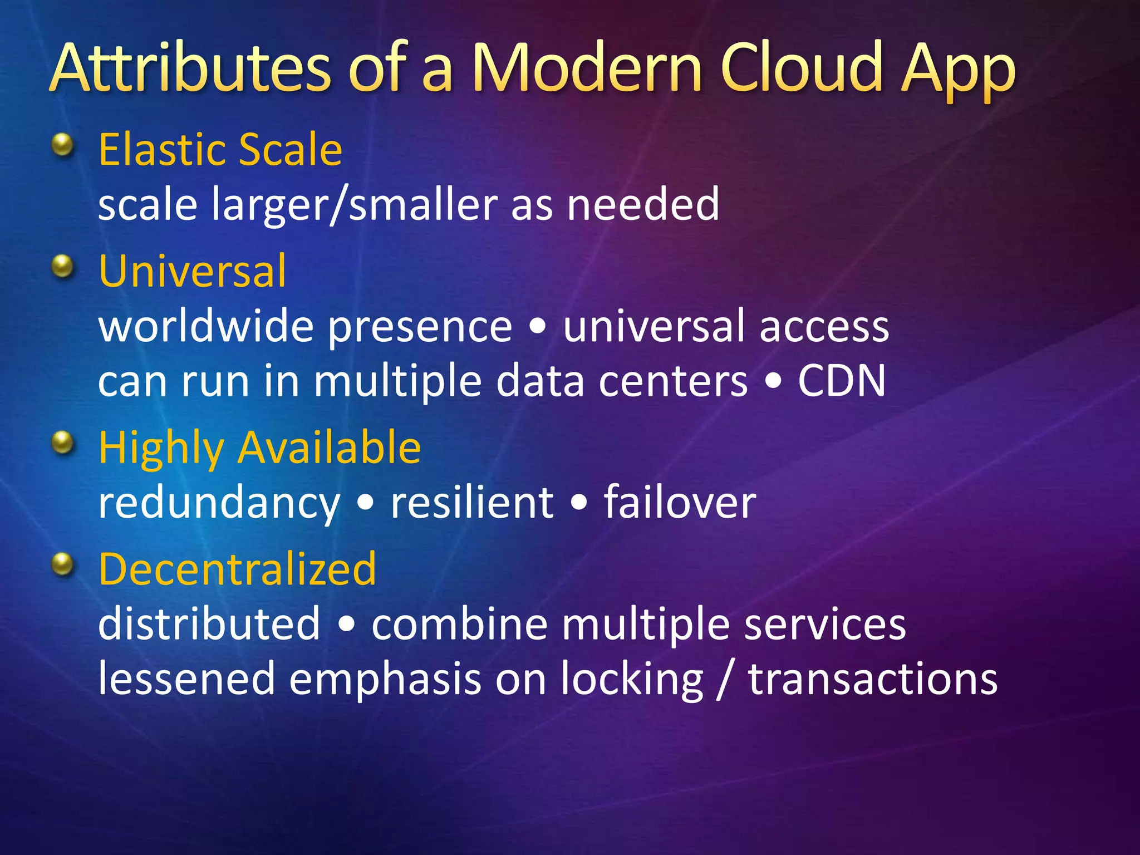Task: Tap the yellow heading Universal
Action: pyautogui.click(x=192, y=271)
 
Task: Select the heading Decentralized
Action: pyautogui.click(x=237, y=569)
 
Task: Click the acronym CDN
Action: pyautogui.click(x=841, y=381)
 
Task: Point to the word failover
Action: pyautogui.click(x=680, y=502)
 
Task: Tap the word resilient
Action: pyautogui.click(x=471, y=502)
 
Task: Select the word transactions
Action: pyautogui.click(x=872, y=679)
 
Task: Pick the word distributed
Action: pyautogui.click(x=209, y=623)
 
